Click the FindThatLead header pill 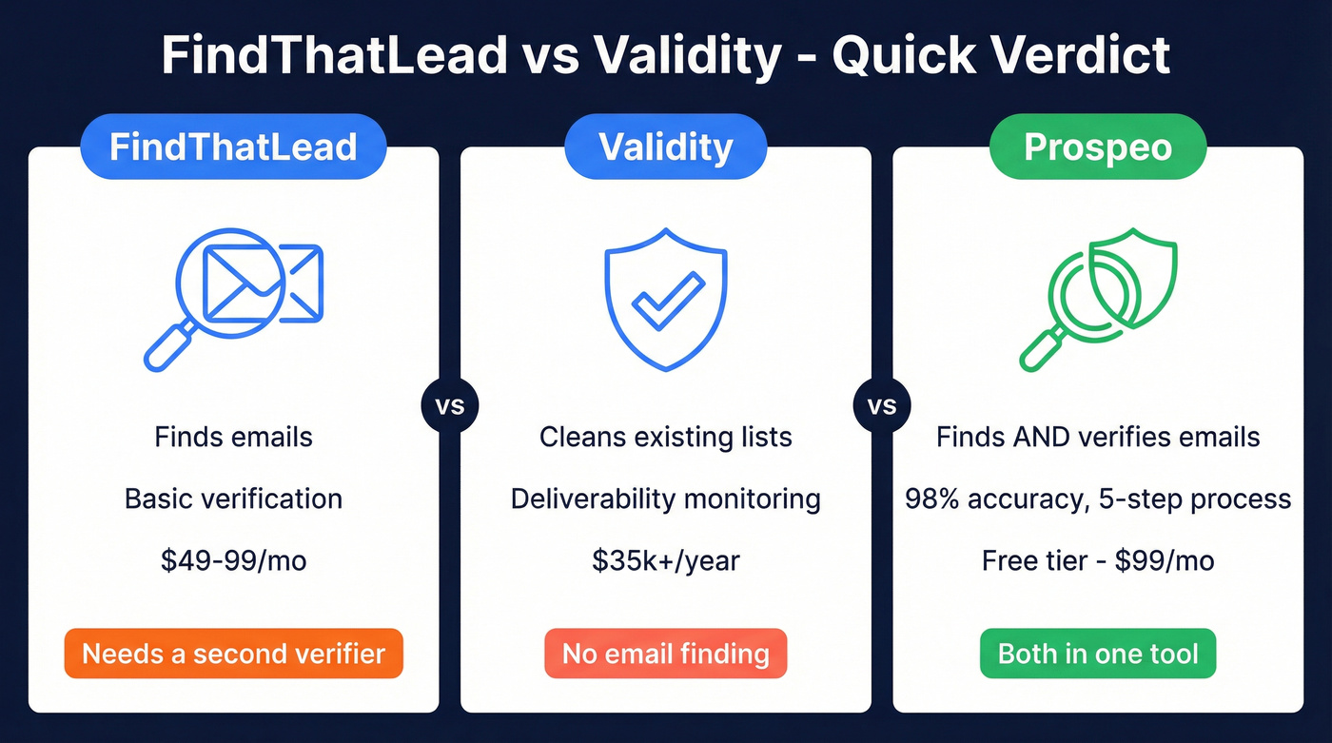point(233,147)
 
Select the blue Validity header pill point(665,147)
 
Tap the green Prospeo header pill point(1097,147)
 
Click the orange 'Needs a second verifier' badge point(233,654)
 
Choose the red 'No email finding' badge point(665,654)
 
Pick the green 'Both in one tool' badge point(1097,654)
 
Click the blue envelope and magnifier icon point(234,295)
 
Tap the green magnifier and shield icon point(1097,297)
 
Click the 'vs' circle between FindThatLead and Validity point(449,406)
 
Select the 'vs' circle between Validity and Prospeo point(882,406)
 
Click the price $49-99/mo point(233,560)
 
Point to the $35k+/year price point(665,560)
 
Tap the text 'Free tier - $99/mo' point(1097,560)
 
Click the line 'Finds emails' point(233,437)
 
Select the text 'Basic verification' point(233,499)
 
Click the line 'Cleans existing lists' point(665,437)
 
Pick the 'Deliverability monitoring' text point(665,499)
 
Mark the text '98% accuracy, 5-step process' point(1097,499)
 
